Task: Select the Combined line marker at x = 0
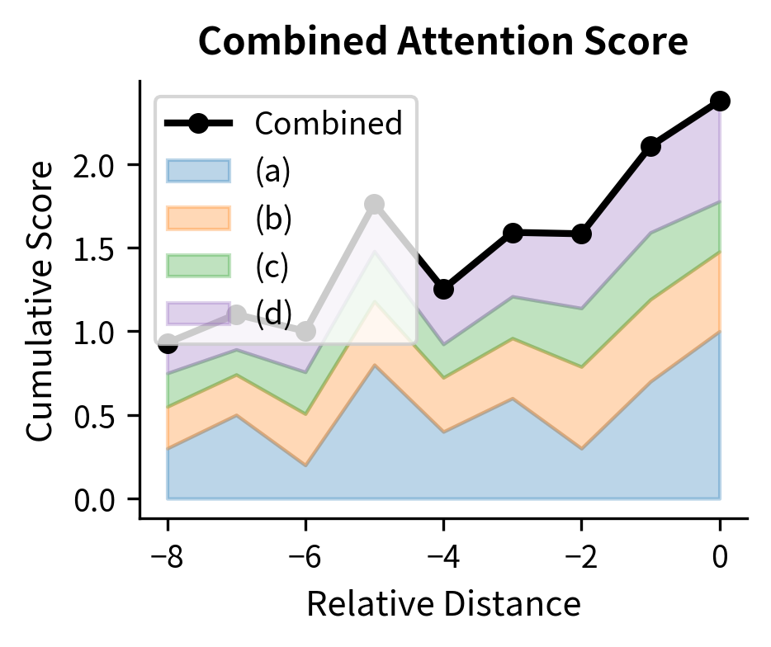click(x=720, y=101)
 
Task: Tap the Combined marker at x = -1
click(x=650, y=146)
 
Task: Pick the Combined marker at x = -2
click(x=581, y=234)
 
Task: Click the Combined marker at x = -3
click(x=513, y=233)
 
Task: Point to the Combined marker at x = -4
click(x=443, y=290)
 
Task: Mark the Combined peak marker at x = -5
click(x=375, y=204)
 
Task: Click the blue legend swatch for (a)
click(x=198, y=171)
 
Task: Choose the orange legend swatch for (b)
click(x=198, y=218)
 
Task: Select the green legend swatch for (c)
click(x=198, y=266)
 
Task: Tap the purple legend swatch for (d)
click(x=198, y=314)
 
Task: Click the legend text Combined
click(x=328, y=124)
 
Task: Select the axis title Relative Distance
click(x=443, y=605)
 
